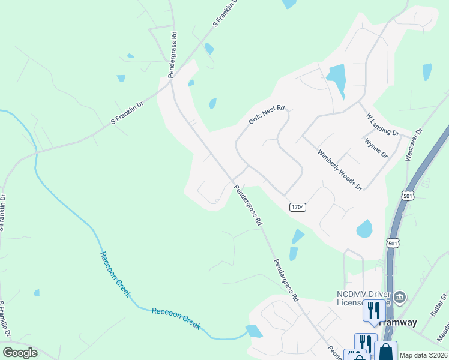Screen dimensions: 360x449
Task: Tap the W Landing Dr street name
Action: point(382,124)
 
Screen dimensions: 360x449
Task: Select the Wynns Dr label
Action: point(376,147)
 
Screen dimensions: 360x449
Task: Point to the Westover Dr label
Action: point(414,144)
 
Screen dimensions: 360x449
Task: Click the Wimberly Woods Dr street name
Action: point(340,170)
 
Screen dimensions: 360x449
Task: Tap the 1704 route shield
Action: point(298,207)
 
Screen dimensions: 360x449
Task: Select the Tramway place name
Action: point(397,322)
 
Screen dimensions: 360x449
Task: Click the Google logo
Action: point(20,353)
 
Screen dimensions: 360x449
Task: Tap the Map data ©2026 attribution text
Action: point(424,355)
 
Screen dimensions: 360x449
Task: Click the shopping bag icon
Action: point(385,352)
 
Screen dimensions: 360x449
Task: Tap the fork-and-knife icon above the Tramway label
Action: point(373,310)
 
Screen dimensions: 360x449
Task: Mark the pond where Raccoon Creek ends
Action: point(253,331)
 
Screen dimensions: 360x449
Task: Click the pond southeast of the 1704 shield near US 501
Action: point(364,229)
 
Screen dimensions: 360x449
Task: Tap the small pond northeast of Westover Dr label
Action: point(427,72)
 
